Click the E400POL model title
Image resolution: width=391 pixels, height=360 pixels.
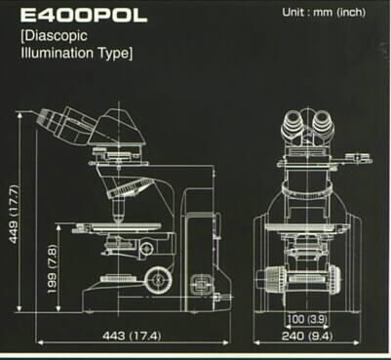[x=84, y=16]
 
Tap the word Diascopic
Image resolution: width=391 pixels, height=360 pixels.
[x=55, y=36]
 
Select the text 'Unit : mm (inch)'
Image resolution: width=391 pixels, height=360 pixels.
[x=324, y=13]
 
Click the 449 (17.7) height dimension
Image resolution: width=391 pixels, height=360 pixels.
[x=15, y=214]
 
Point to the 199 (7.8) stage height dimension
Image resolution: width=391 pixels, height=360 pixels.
[x=53, y=269]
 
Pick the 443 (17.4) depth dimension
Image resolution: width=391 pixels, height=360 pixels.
[x=132, y=336]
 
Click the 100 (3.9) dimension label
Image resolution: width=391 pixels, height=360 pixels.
[x=306, y=319]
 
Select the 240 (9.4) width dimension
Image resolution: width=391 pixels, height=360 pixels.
[x=307, y=336]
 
